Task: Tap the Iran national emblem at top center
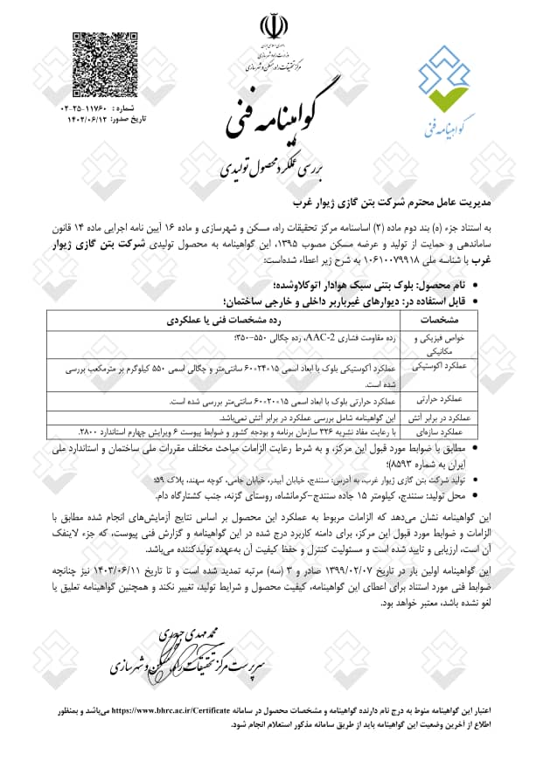(x=271, y=27)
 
